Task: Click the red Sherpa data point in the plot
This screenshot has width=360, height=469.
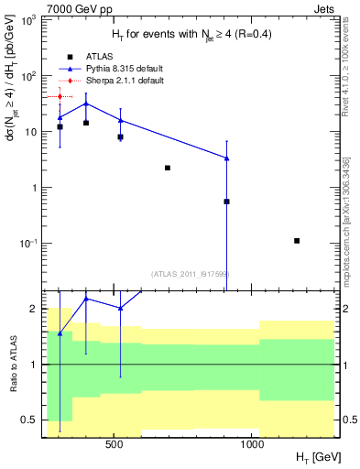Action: coord(60,96)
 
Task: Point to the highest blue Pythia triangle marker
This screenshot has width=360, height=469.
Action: coord(86,104)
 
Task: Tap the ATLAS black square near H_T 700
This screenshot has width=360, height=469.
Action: coord(168,168)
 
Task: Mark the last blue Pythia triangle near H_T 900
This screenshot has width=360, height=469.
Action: coord(226,158)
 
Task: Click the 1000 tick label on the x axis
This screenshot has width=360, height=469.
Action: coord(252,444)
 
